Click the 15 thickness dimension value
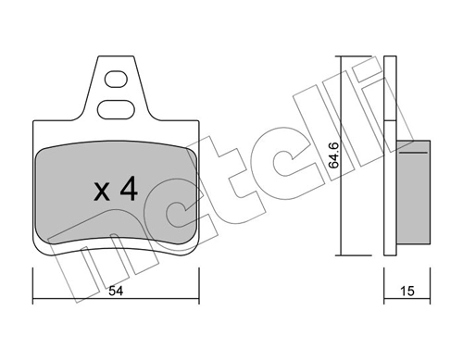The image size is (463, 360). pos(406,291)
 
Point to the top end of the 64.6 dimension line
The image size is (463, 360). pos(344,57)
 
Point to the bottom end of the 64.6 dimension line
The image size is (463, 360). pos(344,255)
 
